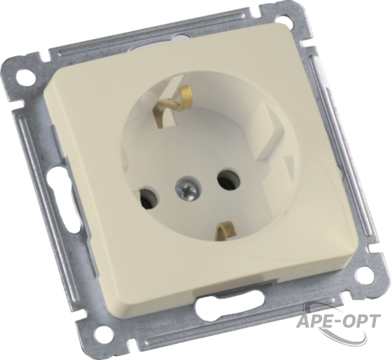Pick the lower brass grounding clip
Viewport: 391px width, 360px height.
click(x=225, y=232)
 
